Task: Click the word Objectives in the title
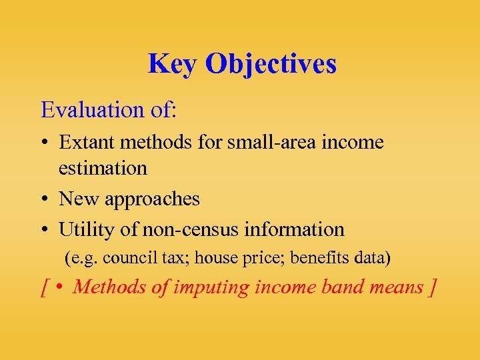271,65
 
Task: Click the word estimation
103,168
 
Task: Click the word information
303,229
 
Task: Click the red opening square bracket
44,288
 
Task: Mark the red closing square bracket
433,288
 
